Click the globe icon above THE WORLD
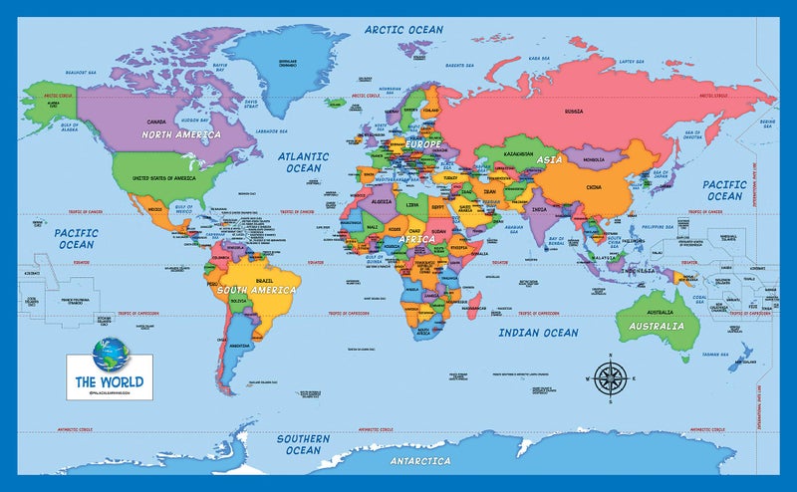click(x=107, y=354)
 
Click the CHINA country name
click(x=593, y=187)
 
